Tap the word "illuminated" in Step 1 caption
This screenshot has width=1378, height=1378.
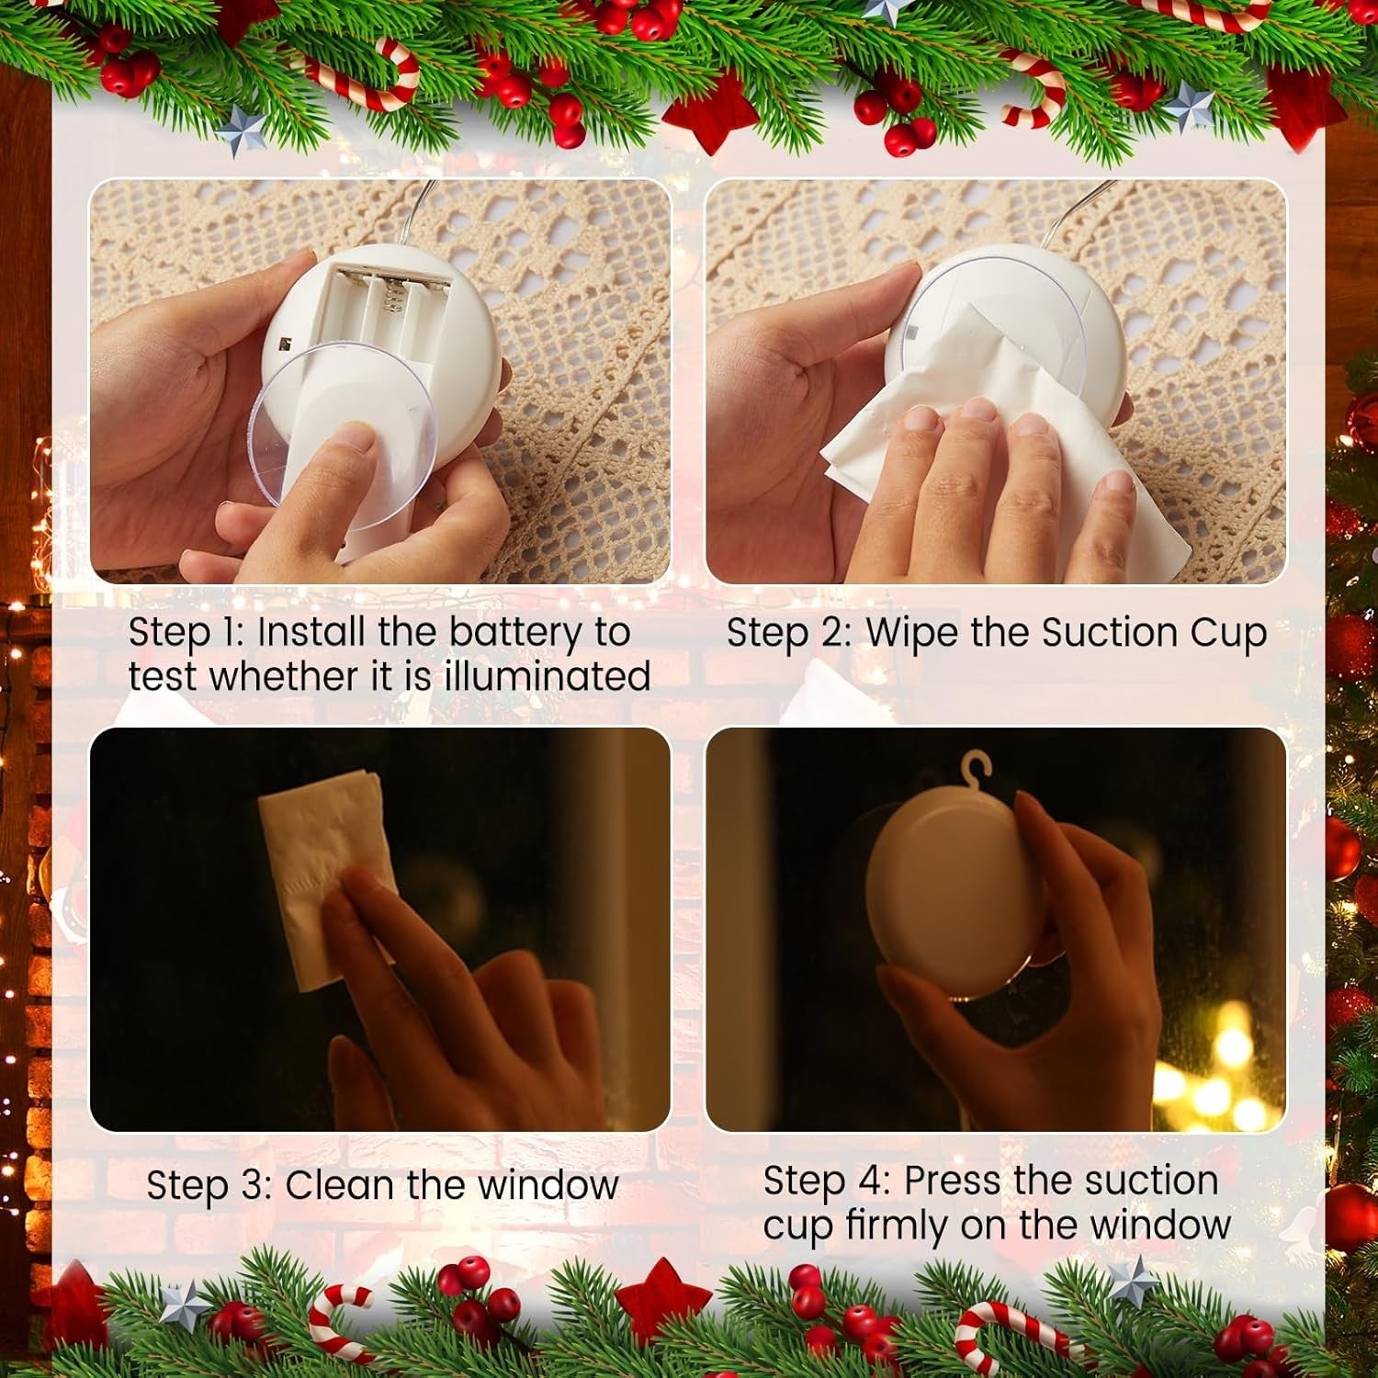coord(548,676)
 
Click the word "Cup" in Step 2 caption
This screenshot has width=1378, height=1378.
coord(1229,633)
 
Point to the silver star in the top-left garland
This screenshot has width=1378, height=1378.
coord(241,130)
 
